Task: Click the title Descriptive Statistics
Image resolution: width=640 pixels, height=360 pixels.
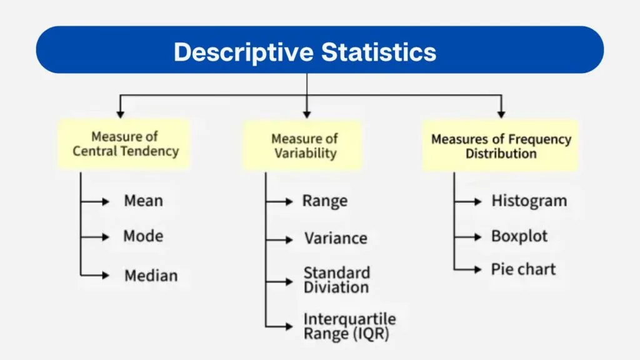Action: pos(305,52)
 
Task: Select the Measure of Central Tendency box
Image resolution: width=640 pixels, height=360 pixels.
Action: pos(125,144)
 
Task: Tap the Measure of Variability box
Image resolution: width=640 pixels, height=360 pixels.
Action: pos(304,146)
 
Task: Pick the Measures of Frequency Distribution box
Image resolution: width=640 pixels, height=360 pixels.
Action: pos(501,146)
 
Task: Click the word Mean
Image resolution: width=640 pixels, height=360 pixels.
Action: pos(143,201)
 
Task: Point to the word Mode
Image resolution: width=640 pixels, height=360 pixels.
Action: pos(143,236)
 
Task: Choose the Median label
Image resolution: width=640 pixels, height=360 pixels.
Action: pos(151,276)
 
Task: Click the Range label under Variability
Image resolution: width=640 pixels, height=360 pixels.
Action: pos(324,201)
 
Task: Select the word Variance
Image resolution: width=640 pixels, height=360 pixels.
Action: pos(336,238)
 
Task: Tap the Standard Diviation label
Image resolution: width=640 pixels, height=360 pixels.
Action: pos(336,280)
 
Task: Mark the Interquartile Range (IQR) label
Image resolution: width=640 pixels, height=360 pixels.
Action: pos(349,326)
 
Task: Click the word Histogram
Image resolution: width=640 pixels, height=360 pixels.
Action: pos(529,201)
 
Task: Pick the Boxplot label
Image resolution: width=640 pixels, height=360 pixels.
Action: pos(519,237)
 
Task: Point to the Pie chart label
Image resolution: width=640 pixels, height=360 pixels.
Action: pos(523,269)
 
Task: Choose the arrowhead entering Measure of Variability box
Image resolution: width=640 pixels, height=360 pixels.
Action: pos(306,114)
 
